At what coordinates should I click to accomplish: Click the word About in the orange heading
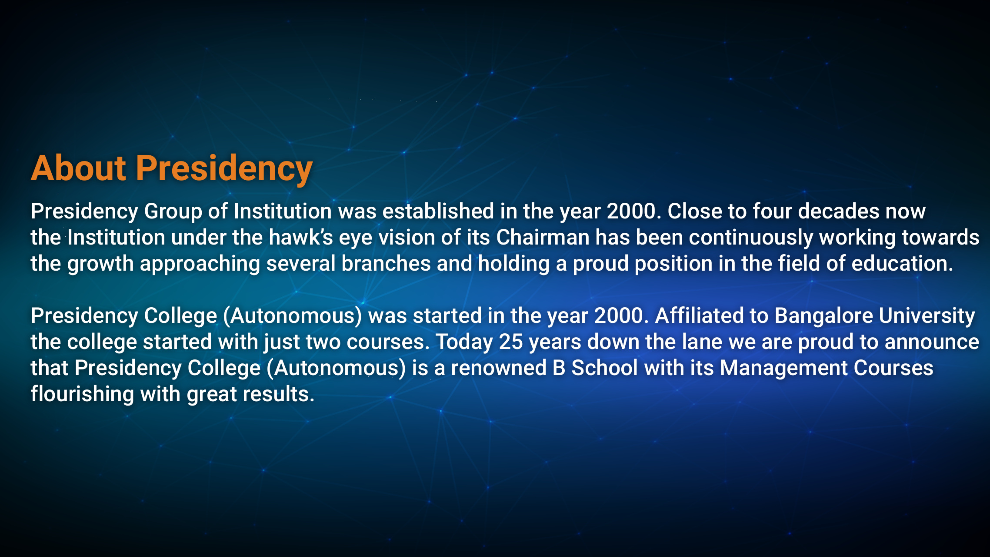point(79,168)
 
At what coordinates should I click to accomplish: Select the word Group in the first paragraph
point(173,212)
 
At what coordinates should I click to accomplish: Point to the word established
point(438,211)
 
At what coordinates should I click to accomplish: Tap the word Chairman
point(543,237)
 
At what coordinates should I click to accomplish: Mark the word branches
point(386,263)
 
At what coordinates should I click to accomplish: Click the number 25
point(510,342)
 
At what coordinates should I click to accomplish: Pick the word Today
point(464,342)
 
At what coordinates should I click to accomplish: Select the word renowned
point(499,368)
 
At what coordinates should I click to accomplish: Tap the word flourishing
point(82,395)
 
